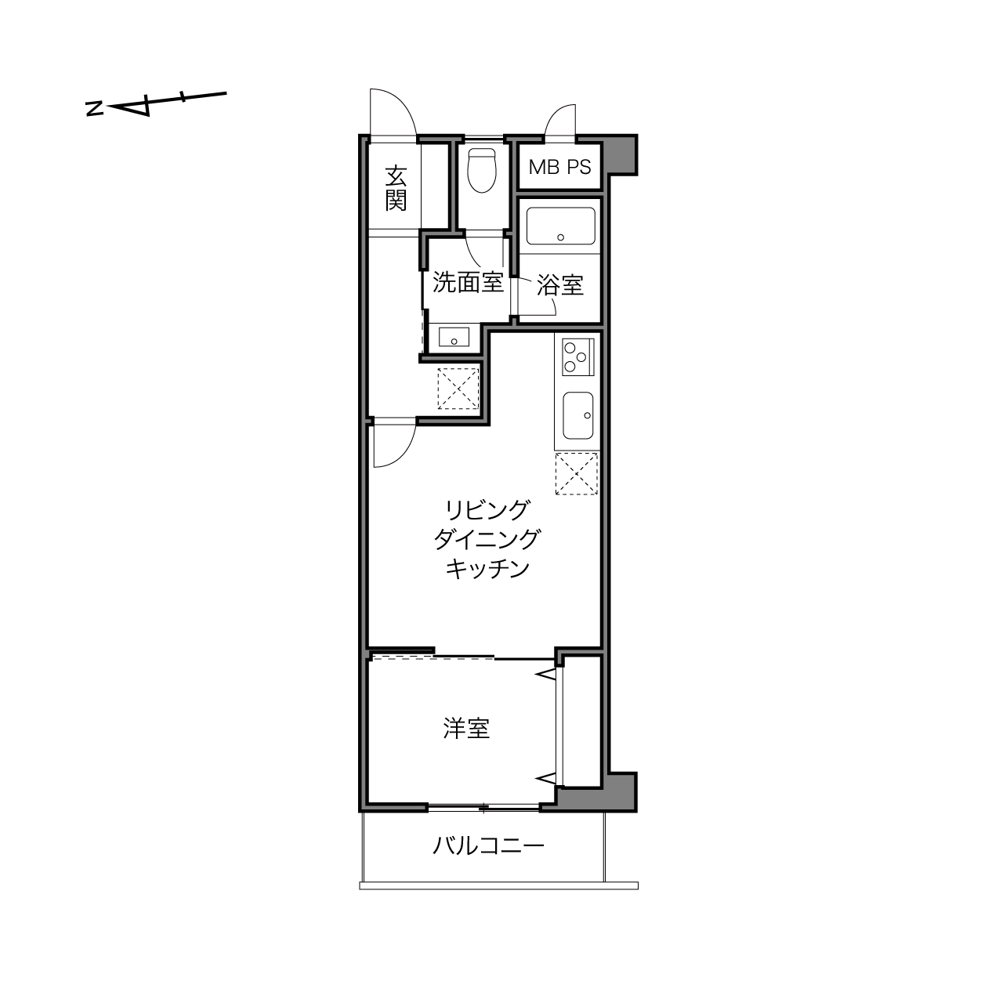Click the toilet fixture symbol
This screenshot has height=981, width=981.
[x=482, y=171]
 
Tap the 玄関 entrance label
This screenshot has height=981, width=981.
[x=396, y=188]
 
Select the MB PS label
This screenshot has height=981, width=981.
[x=559, y=167]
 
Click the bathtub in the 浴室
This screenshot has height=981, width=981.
[x=560, y=226]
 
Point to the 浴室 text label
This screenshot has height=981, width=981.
[x=560, y=285]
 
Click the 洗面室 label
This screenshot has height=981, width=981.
[x=468, y=282]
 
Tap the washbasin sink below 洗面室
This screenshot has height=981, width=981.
[x=454, y=337]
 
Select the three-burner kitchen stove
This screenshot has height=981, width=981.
[x=577, y=357]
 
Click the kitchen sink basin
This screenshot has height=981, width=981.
[x=577, y=415]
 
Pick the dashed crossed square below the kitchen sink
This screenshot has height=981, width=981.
[x=576, y=474]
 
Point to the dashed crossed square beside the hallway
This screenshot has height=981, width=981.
[x=458, y=389]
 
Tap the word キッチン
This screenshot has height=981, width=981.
[x=487, y=569]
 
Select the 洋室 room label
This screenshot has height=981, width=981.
[x=466, y=729]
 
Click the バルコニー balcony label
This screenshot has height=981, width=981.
[x=488, y=846]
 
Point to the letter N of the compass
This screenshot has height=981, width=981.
[x=95, y=108]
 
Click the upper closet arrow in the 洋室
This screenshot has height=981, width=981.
[x=545, y=675]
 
